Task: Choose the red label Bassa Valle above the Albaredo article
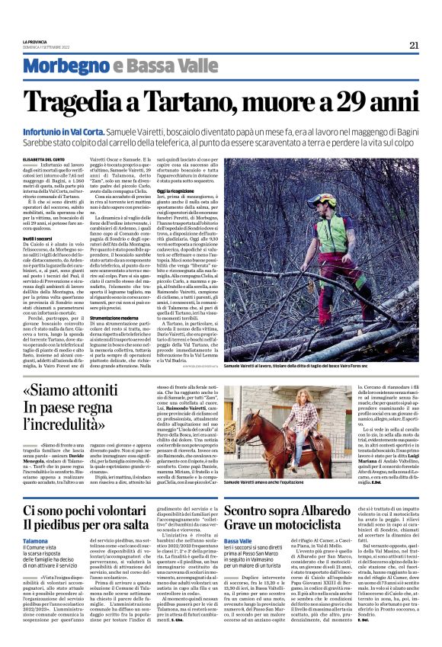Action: (239, 540)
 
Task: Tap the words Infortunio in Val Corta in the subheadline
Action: (72, 132)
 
